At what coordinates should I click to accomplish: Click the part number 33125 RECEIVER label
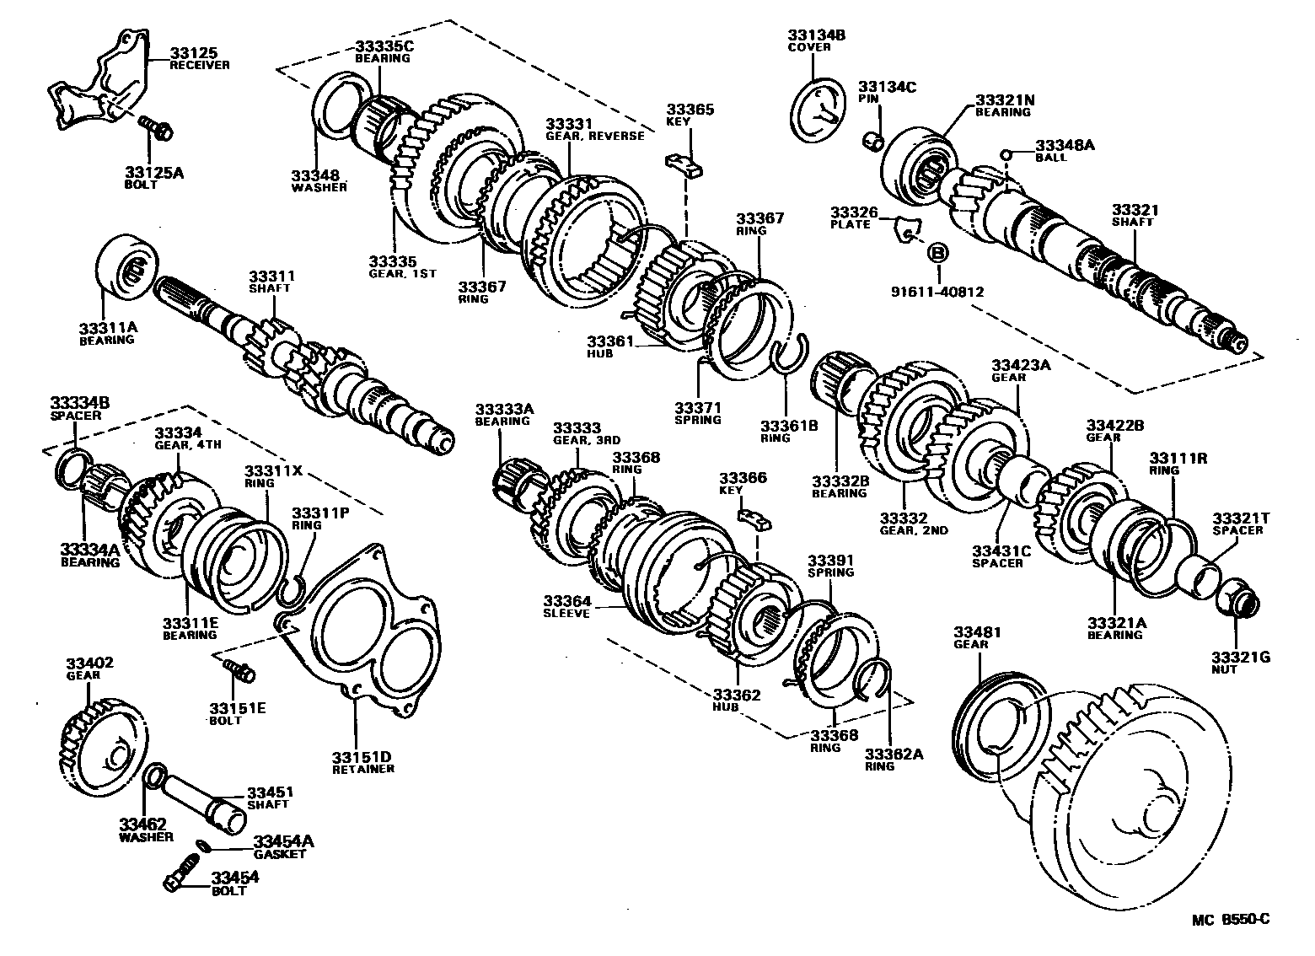pyautogui.click(x=199, y=58)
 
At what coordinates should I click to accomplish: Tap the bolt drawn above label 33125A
pyautogui.click(x=156, y=129)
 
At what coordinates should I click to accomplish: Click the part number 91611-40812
pyautogui.click(x=937, y=292)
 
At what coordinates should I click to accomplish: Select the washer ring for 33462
pyautogui.click(x=153, y=774)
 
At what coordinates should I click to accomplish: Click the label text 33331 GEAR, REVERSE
pyautogui.click(x=593, y=129)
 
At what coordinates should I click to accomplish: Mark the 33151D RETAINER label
pyautogui.click(x=363, y=762)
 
